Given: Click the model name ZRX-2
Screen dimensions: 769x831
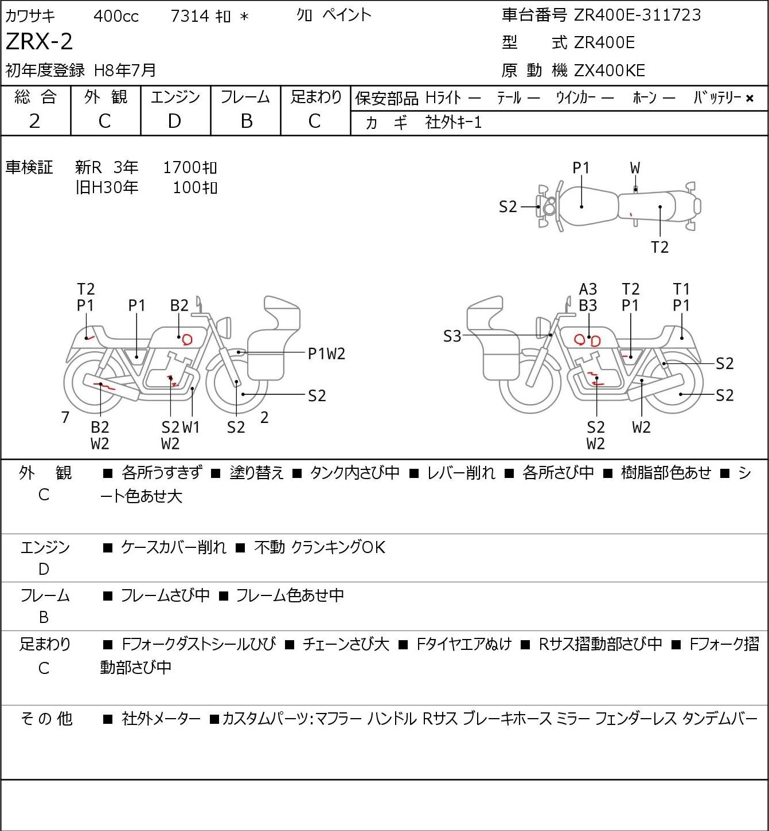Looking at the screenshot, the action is click(40, 41).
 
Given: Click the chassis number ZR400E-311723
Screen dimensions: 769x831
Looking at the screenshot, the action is click(637, 15).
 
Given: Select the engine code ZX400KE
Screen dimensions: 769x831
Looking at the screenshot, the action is click(610, 70).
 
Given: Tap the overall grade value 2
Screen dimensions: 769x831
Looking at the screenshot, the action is click(34, 121).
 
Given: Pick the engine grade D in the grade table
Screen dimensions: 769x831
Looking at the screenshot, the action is click(174, 121).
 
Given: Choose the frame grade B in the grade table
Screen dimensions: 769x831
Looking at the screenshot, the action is click(246, 121).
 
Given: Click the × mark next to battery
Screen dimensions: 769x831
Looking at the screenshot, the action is click(750, 99).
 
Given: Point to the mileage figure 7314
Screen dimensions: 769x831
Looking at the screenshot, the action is click(190, 16).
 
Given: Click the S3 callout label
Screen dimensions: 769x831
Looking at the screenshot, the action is click(452, 336).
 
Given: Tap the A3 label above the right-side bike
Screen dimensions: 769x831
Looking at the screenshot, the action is click(588, 289).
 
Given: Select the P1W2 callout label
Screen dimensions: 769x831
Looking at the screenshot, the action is click(326, 354).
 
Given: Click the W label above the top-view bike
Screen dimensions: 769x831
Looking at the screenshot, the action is click(635, 168).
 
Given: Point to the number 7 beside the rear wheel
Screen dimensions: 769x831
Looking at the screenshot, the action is click(65, 417).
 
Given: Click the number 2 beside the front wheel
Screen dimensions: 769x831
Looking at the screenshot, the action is click(264, 417).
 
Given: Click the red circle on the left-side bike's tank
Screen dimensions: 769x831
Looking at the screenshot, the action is click(187, 339).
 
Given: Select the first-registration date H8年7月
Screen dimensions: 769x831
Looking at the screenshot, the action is click(125, 70).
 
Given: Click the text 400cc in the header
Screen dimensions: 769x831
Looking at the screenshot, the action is click(116, 16).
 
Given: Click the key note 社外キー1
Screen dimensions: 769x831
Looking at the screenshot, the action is click(453, 123).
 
